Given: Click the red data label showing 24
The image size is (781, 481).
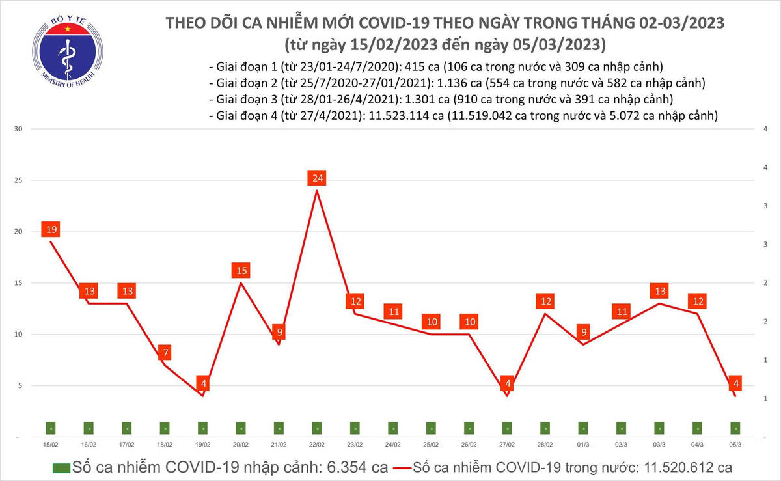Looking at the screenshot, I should pos(317,178).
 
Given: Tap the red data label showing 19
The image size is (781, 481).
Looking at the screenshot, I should pos(51,229).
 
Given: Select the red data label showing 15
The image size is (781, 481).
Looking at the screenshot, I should pos(241,270).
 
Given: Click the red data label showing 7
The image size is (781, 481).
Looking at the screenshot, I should pos(165,353).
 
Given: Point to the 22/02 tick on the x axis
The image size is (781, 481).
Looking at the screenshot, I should pos(317,444).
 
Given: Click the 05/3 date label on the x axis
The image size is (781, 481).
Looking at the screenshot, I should pos(735,444).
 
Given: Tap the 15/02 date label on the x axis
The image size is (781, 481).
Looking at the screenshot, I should pos(51,444).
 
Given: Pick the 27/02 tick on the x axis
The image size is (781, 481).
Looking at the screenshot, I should pos(507,444).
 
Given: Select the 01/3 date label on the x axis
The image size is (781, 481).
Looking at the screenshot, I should pos(583,444).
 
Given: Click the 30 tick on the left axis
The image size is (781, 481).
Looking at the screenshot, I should pos(19,129).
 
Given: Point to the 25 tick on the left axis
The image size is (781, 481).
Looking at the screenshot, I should pos(19,180).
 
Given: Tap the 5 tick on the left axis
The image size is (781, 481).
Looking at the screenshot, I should pos(20,385).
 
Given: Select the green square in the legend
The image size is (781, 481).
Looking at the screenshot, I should pos(61,467).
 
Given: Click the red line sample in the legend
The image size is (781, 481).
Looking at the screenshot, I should pos(409,467).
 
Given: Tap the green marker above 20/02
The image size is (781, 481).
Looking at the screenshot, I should pos(241,428).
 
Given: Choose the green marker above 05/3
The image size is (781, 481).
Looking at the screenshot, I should pos(735,428).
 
